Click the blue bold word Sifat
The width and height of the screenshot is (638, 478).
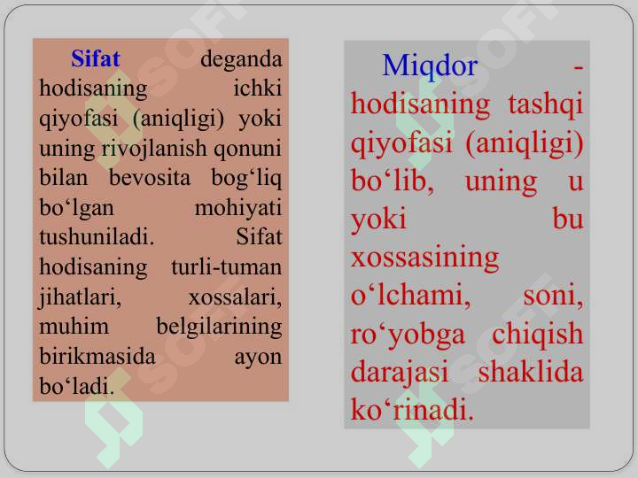pos(96,58)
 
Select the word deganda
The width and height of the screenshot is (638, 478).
pos(241,59)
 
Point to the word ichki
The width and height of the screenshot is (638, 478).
pos(258,88)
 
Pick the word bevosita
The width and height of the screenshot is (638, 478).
pos(150,178)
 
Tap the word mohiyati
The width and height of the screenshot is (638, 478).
pos(238,207)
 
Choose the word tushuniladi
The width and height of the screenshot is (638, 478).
pos(97,237)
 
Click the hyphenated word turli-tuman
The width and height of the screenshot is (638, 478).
pos(226,267)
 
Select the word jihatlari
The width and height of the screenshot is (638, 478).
pos(80,297)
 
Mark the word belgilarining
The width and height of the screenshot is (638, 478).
pos(219,327)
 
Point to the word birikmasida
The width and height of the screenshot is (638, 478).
pos(97,357)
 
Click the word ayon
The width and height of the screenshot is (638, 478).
pos(258,358)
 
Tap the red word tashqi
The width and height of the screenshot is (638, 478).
pos(546,104)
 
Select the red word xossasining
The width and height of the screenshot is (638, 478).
pos(424,258)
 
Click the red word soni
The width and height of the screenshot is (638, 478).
pos(553,295)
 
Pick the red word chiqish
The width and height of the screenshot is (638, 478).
pos(538,334)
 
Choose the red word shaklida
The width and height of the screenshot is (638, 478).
pos(531,372)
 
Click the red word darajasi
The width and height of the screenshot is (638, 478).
pos(399,373)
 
